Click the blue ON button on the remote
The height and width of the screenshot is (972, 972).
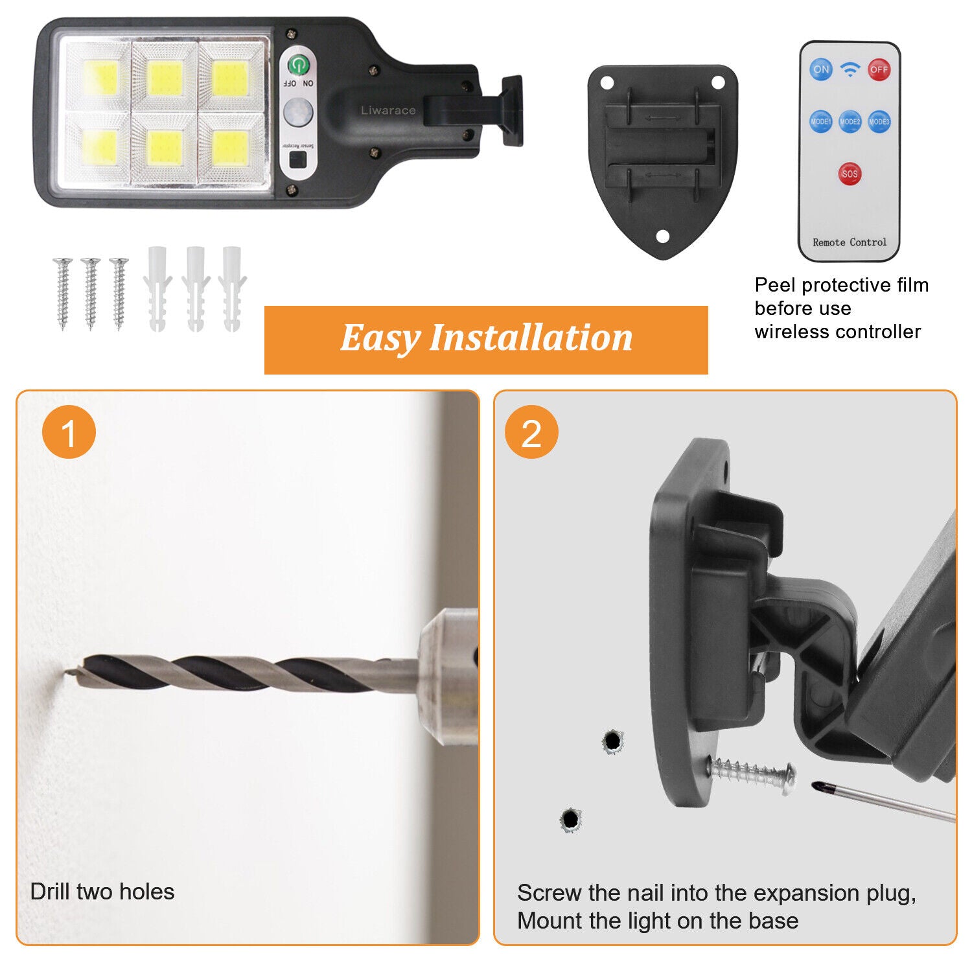[821, 69]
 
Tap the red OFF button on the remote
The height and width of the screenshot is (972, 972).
[879, 69]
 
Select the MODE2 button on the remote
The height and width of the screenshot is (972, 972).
[850, 121]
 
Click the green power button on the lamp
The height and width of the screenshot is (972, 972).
[298, 64]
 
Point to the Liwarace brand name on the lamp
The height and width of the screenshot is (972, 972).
[388, 111]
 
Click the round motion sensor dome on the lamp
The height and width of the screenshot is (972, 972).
[298, 112]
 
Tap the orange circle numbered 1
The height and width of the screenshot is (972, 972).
[69, 432]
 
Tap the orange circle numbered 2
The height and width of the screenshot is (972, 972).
[531, 432]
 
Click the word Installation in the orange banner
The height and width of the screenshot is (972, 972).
[531, 338]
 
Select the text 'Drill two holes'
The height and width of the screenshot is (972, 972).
[102, 892]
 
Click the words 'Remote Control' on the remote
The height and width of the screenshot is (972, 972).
[850, 242]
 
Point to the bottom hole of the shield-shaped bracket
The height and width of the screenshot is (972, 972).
[662, 237]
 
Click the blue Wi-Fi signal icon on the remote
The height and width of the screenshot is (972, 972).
[850, 69]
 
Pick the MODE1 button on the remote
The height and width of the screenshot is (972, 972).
[820, 121]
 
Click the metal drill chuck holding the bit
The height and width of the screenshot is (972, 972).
[447, 677]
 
